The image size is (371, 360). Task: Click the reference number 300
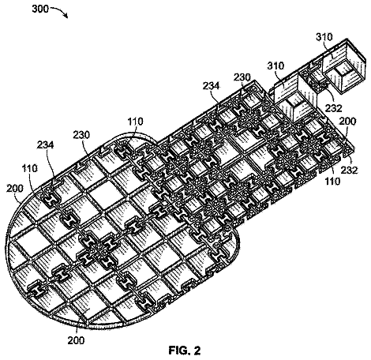click(40, 9)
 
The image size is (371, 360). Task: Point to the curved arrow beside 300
click(60, 11)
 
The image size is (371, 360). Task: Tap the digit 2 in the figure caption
click(197, 350)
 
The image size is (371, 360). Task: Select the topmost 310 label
click(324, 36)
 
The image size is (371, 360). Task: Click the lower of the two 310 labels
click(275, 66)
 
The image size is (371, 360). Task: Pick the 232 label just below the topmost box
click(334, 108)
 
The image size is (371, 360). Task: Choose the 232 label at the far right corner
click(350, 170)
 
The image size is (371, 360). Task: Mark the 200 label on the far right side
click(347, 122)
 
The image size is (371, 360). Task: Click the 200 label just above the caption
click(76, 340)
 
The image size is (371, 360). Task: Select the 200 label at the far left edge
click(15, 188)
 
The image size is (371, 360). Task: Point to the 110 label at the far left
click(30, 168)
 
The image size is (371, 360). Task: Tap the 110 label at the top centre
click(136, 122)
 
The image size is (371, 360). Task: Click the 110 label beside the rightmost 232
click(332, 181)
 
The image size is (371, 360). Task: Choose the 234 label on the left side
click(45, 145)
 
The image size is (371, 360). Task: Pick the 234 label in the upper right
click(211, 86)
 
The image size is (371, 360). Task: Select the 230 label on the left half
click(81, 134)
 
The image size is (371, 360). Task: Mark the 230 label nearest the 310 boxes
click(242, 77)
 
